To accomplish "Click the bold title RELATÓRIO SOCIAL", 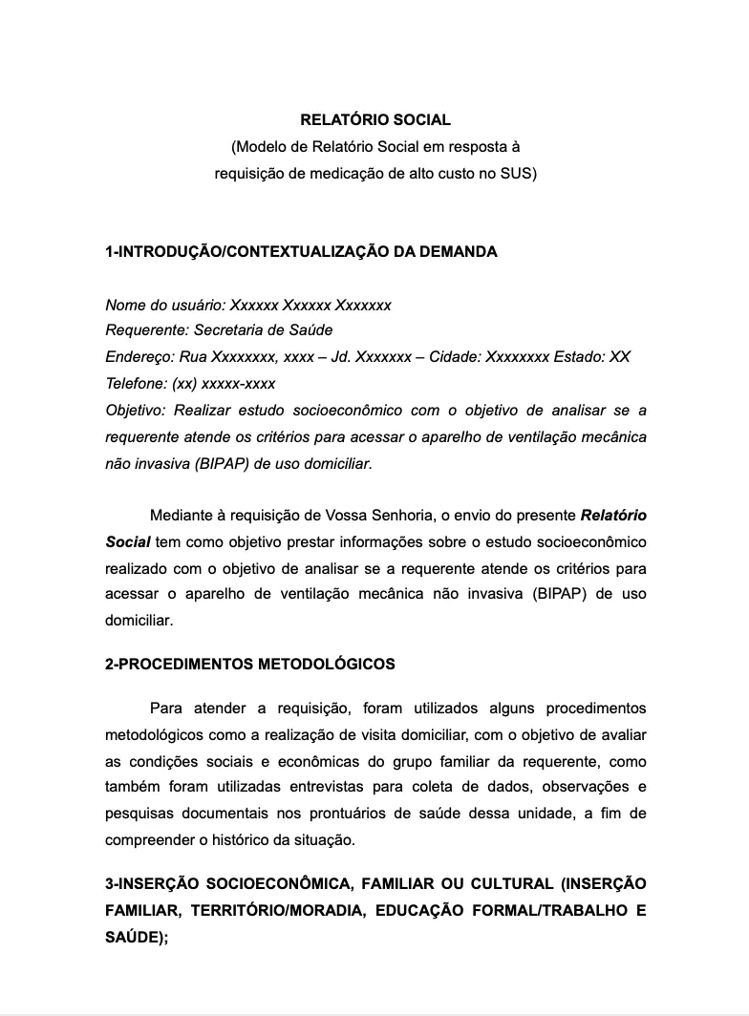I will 374,120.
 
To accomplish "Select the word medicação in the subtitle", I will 337,174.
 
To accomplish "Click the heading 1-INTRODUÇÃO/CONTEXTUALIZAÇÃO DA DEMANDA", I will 301,252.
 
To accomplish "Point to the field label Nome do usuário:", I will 165,306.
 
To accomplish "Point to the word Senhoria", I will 401,516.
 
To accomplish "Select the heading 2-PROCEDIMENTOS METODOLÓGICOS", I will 250,664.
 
